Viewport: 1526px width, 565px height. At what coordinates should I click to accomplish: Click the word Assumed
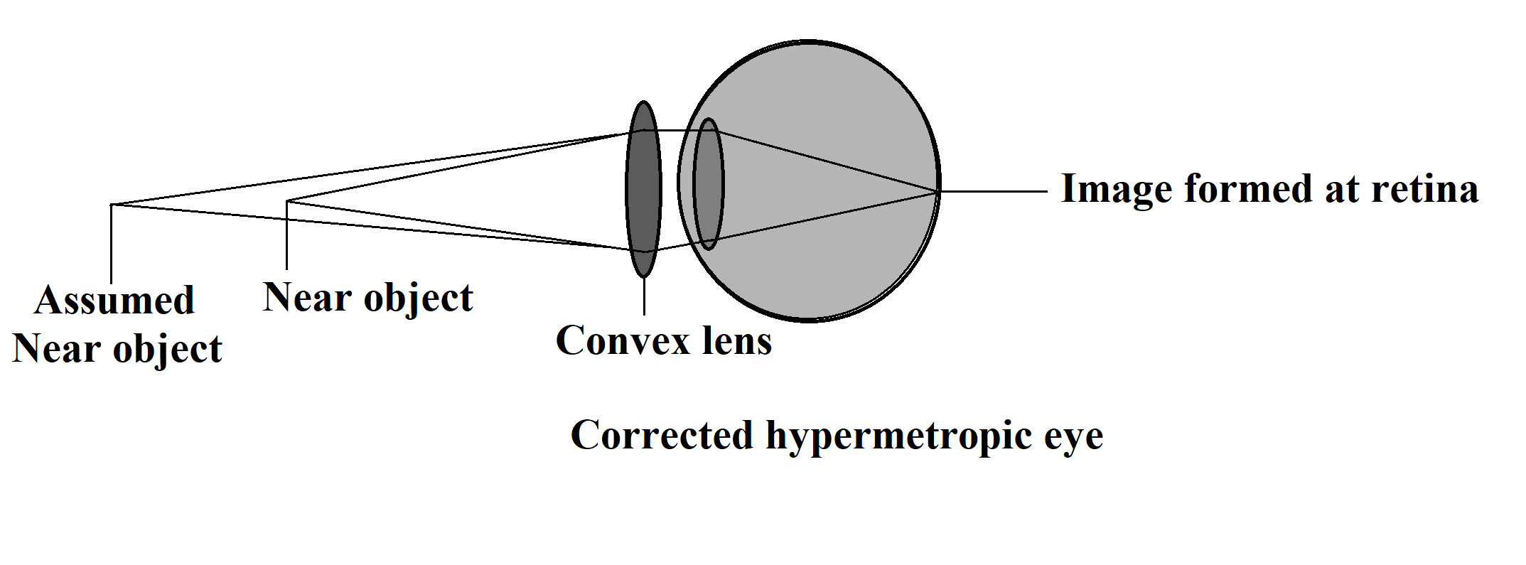click(114, 301)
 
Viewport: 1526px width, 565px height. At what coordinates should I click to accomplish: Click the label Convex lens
click(663, 340)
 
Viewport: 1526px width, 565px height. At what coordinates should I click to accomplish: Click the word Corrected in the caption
click(662, 435)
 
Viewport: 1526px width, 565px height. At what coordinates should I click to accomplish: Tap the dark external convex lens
click(643, 189)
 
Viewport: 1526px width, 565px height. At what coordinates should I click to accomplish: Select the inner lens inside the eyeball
click(708, 184)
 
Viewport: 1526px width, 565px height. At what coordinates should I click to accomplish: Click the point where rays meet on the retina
click(937, 190)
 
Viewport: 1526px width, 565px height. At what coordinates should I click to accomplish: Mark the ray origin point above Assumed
click(112, 205)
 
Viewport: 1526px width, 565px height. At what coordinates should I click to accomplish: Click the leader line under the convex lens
click(644, 296)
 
